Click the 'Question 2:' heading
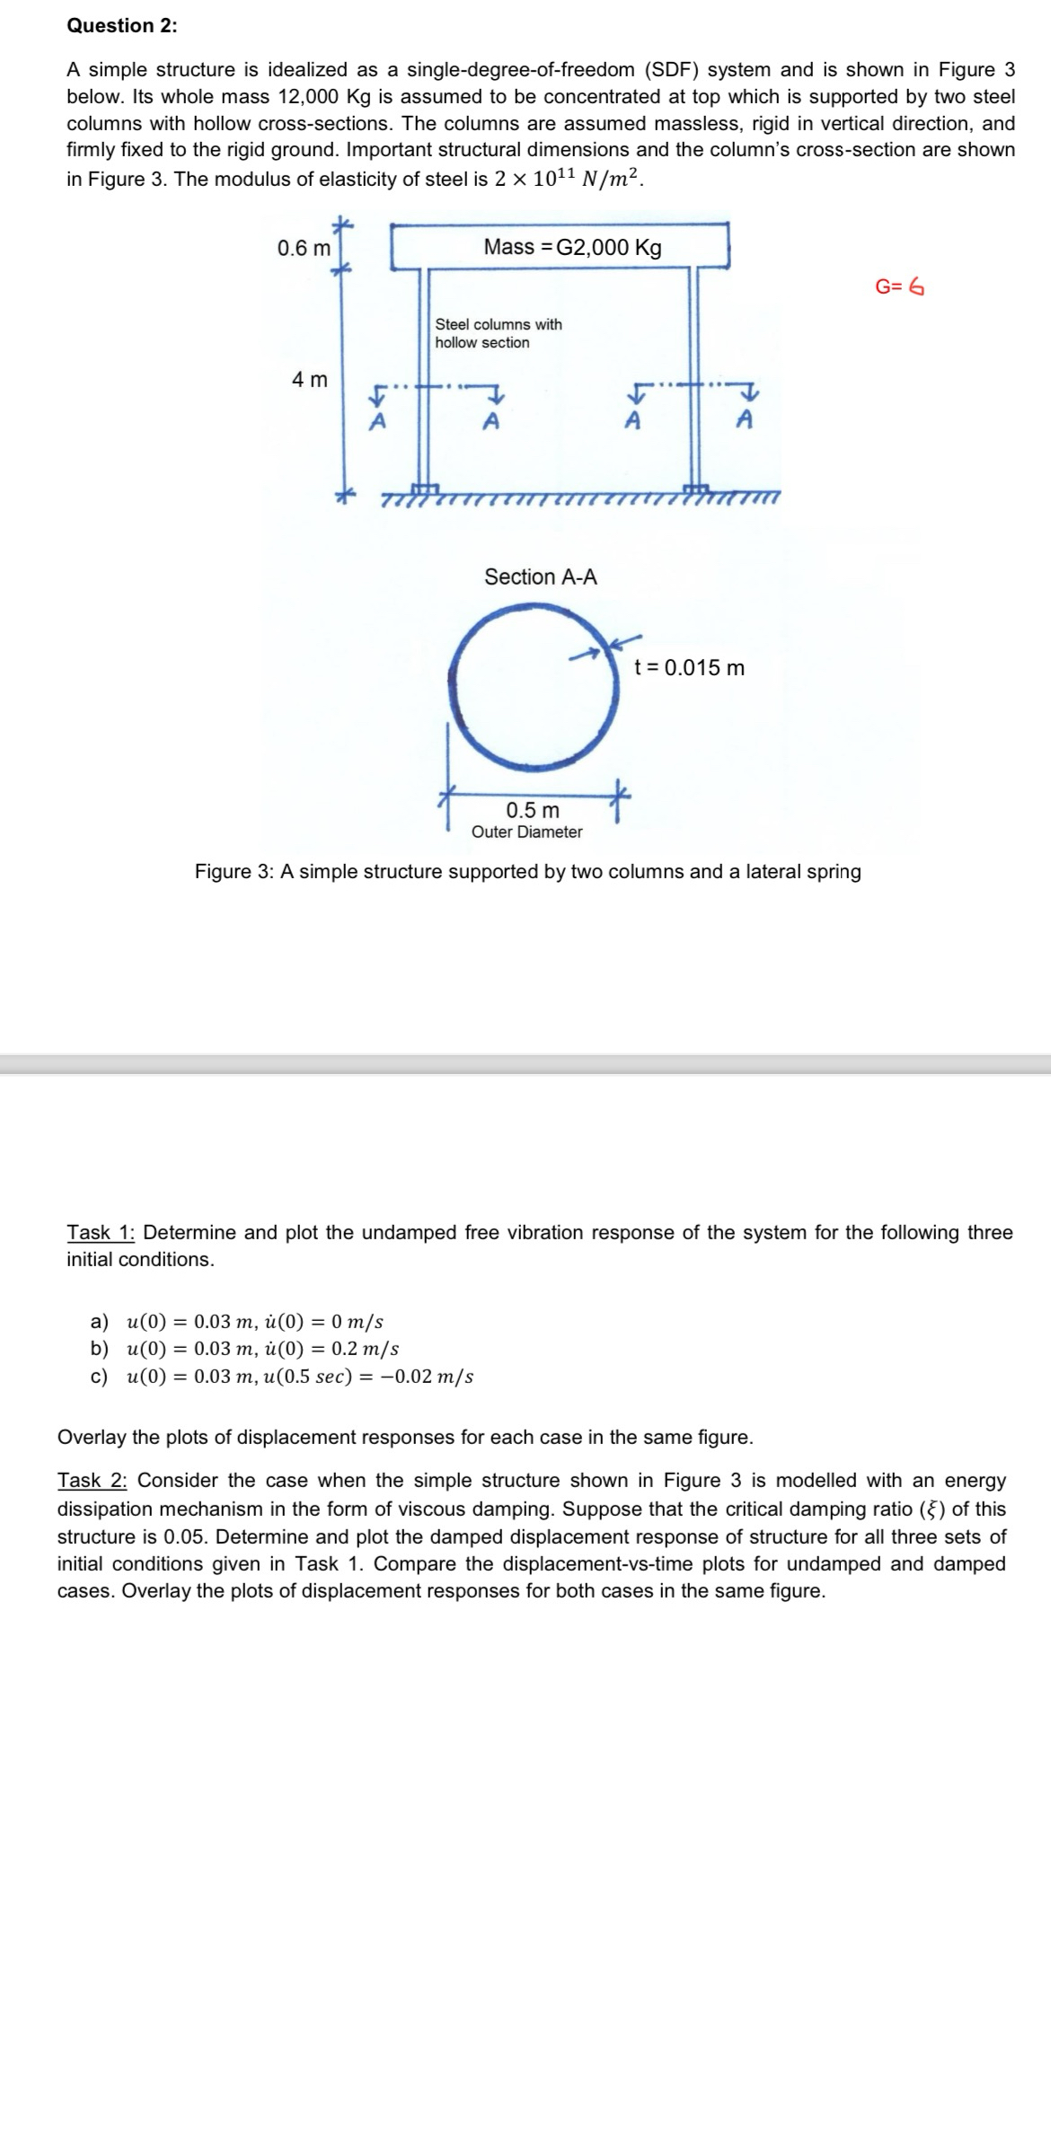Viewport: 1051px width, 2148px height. pyautogui.click(x=122, y=26)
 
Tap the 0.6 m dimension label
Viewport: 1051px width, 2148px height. pyautogui.click(x=304, y=248)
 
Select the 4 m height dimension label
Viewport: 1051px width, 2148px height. pyautogui.click(x=310, y=380)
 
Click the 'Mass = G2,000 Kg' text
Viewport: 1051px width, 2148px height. pyautogui.click(x=572, y=248)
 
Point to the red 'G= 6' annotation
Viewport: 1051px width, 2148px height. pyautogui.click(x=899, y=287)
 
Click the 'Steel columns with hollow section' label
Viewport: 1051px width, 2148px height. pyautogui.click(x=498, y=333)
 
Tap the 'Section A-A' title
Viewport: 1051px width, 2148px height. pyautogui.click(x=540, y=577)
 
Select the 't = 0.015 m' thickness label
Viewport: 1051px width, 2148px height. pyautogui.click(x=689, y=668)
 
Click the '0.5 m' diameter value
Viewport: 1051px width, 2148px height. pyautogui.click(x=533, y=811)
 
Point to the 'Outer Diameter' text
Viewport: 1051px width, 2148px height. pyautogui.click(x=526, y=832)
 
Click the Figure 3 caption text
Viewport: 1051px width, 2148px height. pyautogui.click(x=527, y=872)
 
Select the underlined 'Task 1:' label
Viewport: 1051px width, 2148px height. pyautogui.click(x=101, y=1233)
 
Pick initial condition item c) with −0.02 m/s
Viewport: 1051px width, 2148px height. pyautogui.click(x=283, y=1377)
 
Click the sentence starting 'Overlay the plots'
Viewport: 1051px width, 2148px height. pyautogui.click(x=405, y=1438)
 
